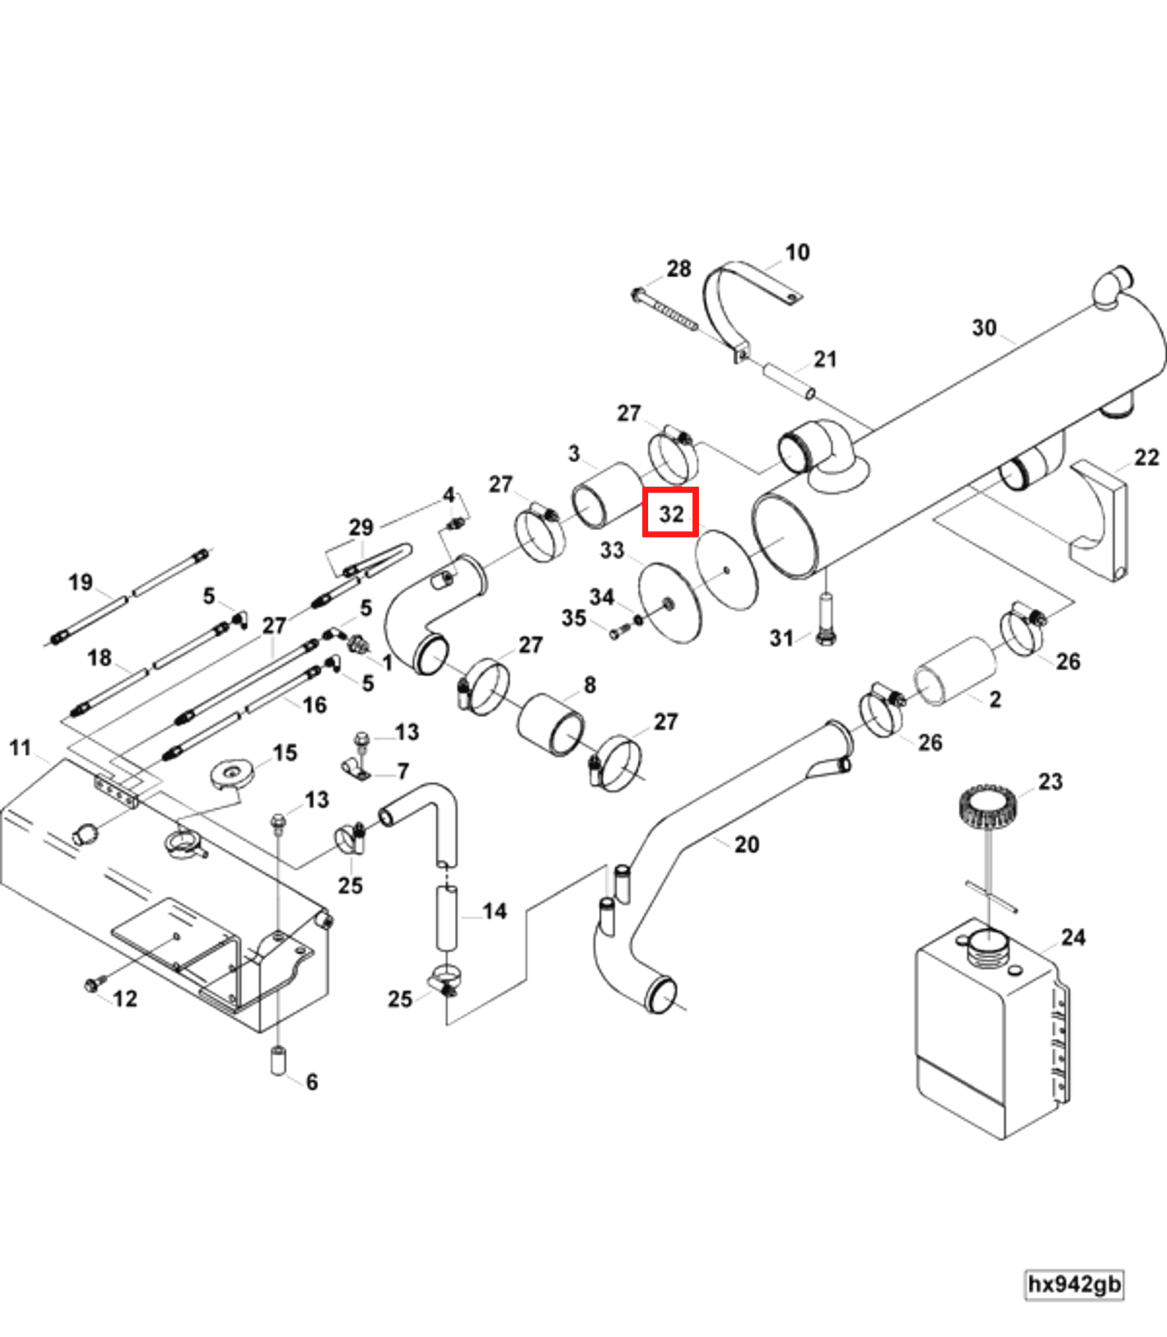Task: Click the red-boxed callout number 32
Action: [x=670, y=512]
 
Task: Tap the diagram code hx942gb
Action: [x=1073, y=1283]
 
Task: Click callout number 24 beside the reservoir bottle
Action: [x=1073, y=937]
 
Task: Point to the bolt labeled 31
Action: [x=825, y=618]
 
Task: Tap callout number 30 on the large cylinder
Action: [x=984, y=328]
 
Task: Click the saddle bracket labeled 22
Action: [x=1101, y=521]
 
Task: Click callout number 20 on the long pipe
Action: [x=747, y=844]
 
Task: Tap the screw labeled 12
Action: [x=92, y=984]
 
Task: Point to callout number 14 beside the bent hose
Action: [x=495, y=911]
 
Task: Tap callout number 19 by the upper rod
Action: [x=81, y=582]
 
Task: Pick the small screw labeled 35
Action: [x=617, y=632]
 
